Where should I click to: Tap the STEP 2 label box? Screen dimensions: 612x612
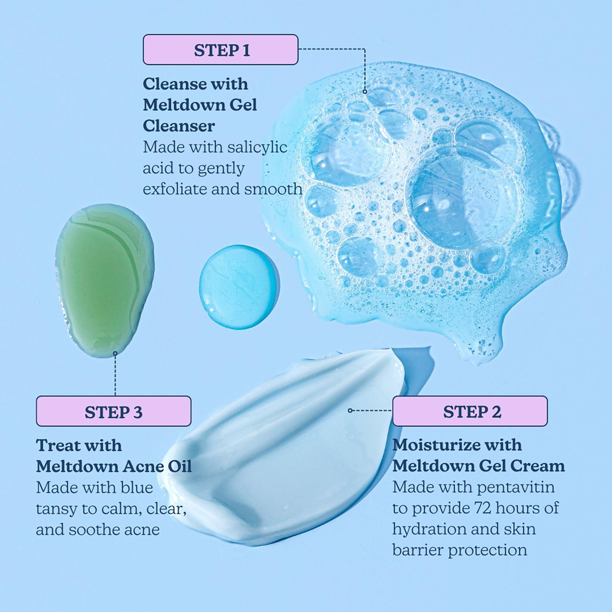click(x=470, y=411)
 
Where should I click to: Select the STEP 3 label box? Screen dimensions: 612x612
click(x=114, y=411)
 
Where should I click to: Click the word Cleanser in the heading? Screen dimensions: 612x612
click(x=179, y=126)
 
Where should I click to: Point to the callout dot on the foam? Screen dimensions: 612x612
click(x=365, y=91)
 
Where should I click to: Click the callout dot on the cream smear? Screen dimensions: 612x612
click(x=350, y=411)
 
